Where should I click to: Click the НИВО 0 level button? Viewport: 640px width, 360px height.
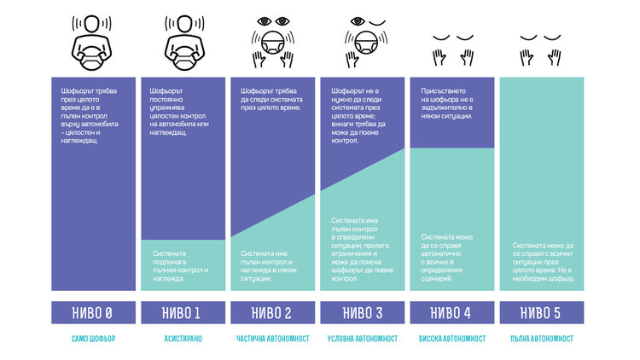93,312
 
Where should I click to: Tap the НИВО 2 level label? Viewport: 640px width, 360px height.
272,312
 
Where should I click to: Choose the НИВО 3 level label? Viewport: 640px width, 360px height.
362,312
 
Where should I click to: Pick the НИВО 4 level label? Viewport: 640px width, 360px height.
451,312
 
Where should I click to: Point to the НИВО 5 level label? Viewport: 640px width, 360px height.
541,312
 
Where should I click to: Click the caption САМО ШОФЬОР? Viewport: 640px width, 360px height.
93,339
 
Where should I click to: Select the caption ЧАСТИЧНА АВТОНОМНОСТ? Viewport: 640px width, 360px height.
272,339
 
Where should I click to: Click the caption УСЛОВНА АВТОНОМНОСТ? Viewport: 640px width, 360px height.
362,339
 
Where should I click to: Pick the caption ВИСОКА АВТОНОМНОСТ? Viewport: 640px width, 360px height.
451,339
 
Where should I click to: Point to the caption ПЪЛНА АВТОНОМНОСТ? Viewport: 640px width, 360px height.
541,339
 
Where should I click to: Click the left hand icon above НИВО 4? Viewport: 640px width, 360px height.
439,57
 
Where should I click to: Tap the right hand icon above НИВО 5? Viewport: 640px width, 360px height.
555,57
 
